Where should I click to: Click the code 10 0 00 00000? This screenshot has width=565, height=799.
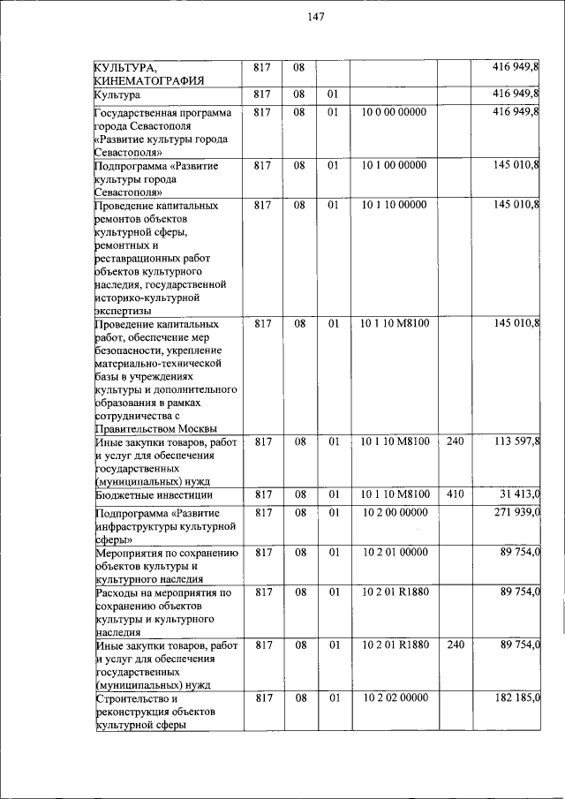[394, 112]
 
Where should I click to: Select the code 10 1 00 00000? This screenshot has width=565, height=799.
[394, 165]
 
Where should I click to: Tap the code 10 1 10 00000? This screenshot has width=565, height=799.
[394, 205]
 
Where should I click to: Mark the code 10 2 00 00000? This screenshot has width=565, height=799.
[394, 513]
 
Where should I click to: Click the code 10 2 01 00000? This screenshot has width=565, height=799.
[394, 553]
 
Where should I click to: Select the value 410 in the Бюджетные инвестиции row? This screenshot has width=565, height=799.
[455, 494]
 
